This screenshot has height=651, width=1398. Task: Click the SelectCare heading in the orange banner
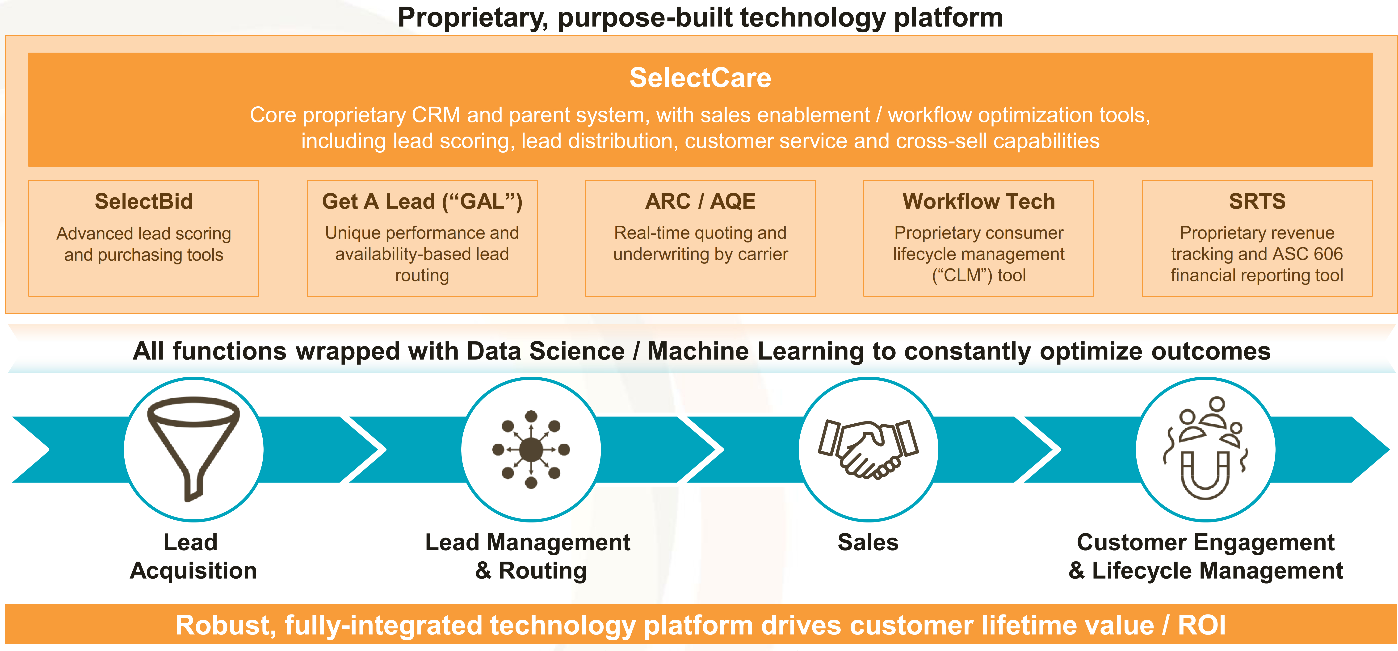click(700, 78)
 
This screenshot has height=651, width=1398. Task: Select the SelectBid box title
click(144, 201)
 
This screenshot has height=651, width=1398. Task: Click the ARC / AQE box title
click(700, 201)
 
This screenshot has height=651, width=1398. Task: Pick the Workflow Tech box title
click(978, 201)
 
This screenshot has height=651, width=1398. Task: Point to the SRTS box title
click(1257, 201)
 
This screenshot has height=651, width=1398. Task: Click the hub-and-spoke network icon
click(531, 449)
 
